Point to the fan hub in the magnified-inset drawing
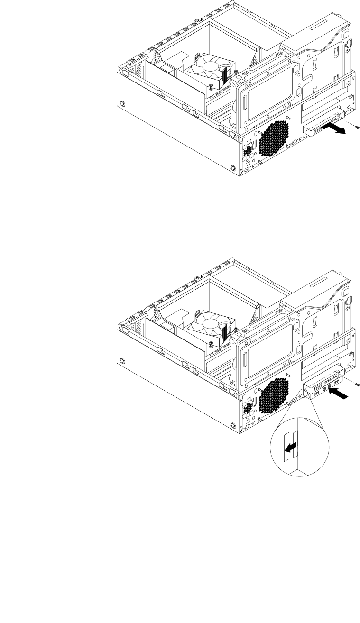coord(208,325)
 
